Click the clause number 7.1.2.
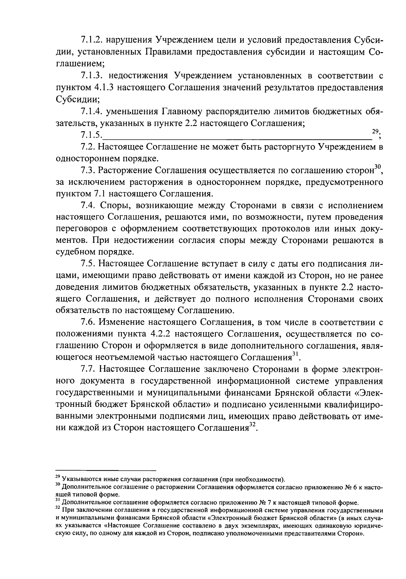(x=92, y=41)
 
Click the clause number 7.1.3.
(x=92, y=76)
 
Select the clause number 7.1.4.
(x=92, y=111)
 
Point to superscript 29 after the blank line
(x=375, y=132)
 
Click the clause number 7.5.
(x=88, y=264)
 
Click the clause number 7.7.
(x=88, y=369)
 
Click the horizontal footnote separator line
(x=106, y=470)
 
